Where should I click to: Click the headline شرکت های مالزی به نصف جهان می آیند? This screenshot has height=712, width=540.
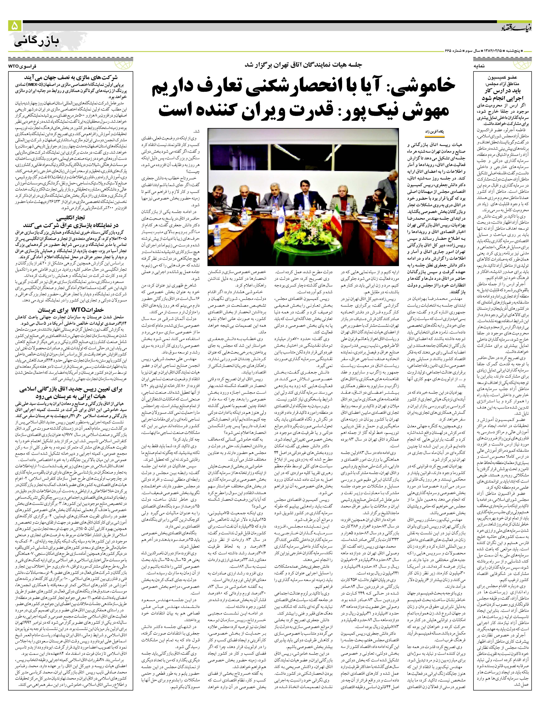71,78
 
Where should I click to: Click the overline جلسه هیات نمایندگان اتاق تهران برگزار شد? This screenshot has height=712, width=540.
303,64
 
